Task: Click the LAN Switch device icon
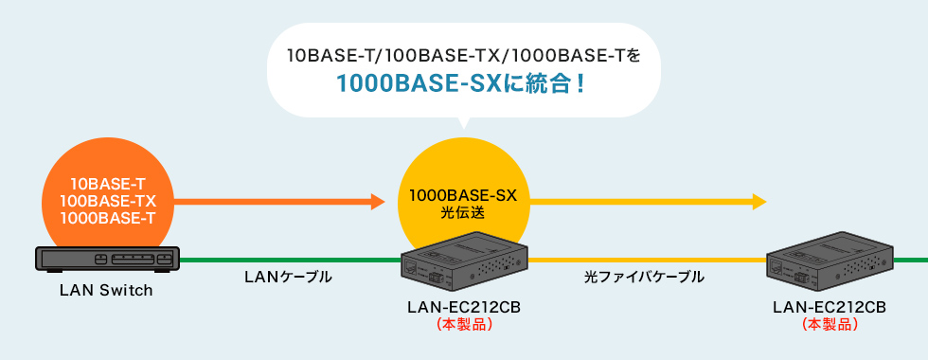[106, 260]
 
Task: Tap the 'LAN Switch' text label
[106, 290]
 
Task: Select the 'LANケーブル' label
[288, 277]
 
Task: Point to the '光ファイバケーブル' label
[644, 277]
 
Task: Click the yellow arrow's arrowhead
[758, 201]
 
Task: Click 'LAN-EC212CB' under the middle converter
[464, 307]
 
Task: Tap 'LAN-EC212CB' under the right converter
[830, 307]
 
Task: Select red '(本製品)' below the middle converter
[464, 324]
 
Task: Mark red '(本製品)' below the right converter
[830, 324]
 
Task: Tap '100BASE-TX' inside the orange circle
[107, 202]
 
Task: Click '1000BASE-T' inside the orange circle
[107, 219]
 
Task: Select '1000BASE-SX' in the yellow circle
[463, 196]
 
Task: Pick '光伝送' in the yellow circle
[463, 213]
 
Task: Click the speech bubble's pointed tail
[463, 122]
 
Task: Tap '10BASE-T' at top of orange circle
[107, 185]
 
